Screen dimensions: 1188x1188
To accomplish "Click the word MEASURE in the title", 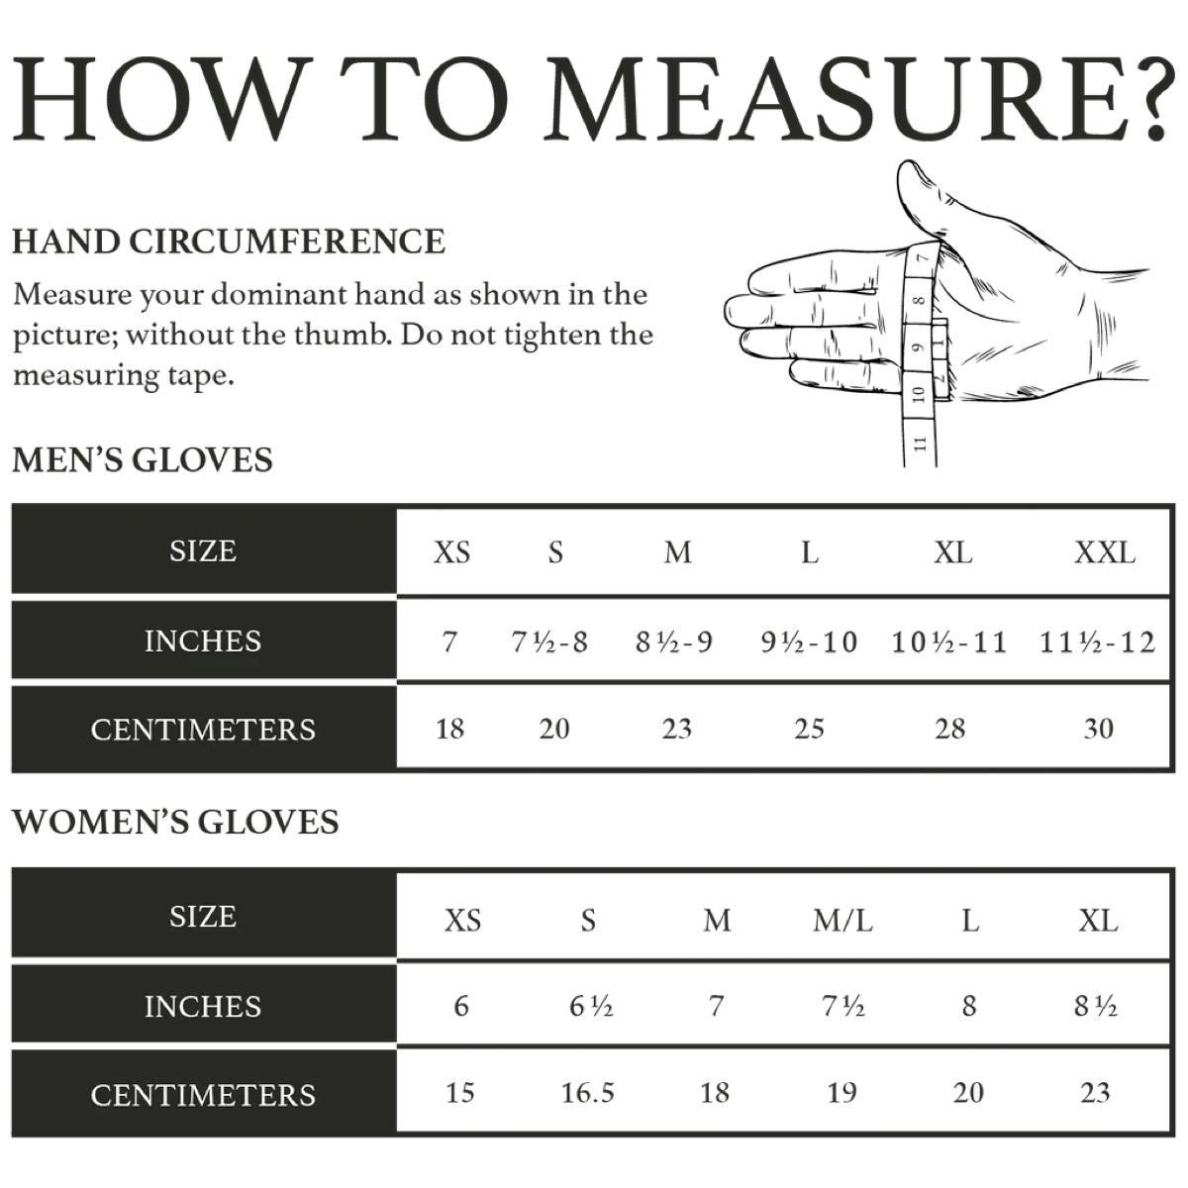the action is (x=832, y=99).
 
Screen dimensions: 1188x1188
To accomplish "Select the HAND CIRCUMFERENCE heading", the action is (x=229, y=241).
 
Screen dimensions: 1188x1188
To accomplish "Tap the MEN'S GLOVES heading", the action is (x=143, y=460).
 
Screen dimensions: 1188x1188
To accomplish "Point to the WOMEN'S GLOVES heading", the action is (x=175, y=822).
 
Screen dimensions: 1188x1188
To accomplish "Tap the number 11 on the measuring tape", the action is (x=920, y=443).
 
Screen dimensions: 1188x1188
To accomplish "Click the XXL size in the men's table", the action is (x=1105, y=552).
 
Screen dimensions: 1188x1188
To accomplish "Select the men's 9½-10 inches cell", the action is (x=809, y=643).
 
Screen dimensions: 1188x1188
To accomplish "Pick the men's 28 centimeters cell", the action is (x=950, y=729).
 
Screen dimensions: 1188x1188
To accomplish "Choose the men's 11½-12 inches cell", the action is (x=1097, y=643).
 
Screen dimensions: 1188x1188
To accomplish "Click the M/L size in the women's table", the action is (x=842, y=922).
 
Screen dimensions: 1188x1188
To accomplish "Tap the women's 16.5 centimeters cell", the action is (x=587, y=1093).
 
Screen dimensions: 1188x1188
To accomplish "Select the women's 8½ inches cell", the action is (x=1096, y=1007).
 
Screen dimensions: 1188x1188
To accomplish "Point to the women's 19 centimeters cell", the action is (x=842, y=1093).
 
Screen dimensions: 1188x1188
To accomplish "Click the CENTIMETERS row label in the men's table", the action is (x=203, y=730).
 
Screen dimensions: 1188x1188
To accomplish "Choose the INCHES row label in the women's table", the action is (x=203, y=1007).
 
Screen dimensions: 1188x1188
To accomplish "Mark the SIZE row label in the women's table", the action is (x=203, y=917).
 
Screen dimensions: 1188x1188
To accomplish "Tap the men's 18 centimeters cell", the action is (x=450, y=729).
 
